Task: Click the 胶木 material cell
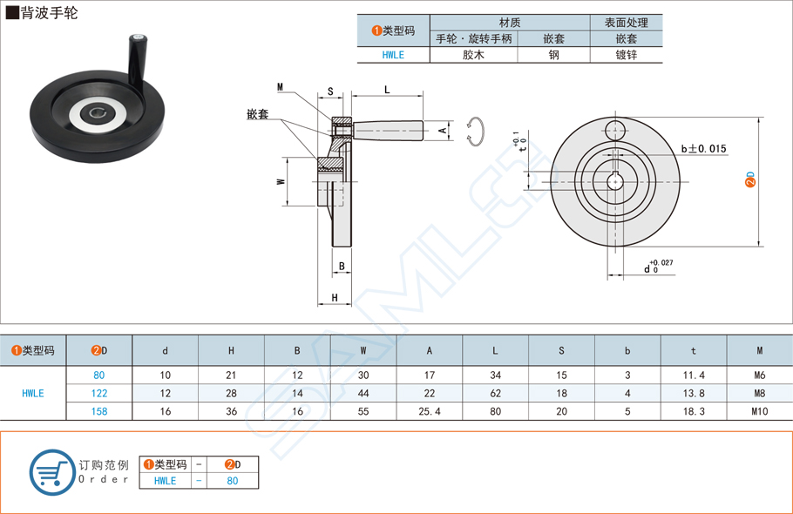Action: click(473, 54)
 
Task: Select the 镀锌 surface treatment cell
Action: click(626, 54)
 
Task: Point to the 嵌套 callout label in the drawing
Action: click(257, 114)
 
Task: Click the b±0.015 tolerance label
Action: click(703, 149)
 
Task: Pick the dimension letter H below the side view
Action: click(335, 299)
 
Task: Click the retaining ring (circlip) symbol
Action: click(476, 130)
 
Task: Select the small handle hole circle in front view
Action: click(615, 131)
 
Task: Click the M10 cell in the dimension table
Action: click(759, 411)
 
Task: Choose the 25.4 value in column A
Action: click(429, 411)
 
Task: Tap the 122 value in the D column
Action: click(99, 393)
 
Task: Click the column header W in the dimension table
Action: click(363, 350)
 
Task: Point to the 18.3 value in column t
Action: click(693, 411)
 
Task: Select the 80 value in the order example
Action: click(232, 480)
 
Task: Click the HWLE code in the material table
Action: click(393, 54)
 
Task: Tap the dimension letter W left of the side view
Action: click(281, 182)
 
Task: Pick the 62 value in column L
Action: click(495, 393)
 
